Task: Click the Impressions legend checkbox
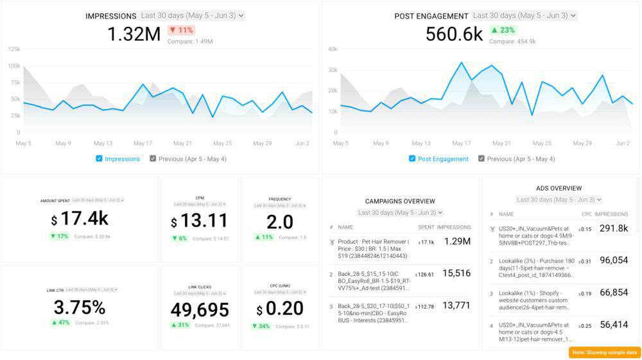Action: (99, 159)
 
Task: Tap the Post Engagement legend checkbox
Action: (412, 159)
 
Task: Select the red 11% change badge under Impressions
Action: (181, 30)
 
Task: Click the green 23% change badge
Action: (503, 30)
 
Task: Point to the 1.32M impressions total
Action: (134, 34)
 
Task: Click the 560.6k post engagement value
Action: (454, 34)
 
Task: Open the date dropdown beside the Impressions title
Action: (192, 15)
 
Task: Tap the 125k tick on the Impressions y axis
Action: (13, 49)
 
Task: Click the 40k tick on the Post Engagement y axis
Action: (333, 49)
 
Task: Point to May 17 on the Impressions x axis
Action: (143, 143)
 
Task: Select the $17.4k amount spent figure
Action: (80, 219)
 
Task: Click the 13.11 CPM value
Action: (200, 221)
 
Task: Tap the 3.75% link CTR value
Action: (80, 307)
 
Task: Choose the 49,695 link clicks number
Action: (200, 310)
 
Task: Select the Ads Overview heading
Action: (559, 188)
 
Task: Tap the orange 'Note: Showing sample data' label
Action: (605, 352)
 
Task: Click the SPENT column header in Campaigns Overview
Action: (426, 227)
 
